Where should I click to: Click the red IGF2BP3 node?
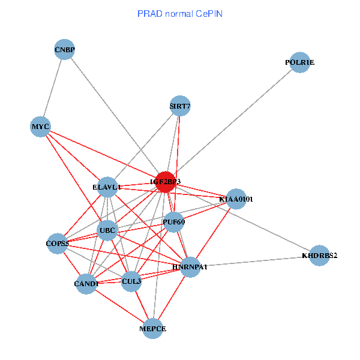(165, 182)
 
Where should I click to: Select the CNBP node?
(64, 49)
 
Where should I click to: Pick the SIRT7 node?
(179, 106)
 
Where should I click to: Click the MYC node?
(40, 127)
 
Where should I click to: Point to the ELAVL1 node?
(107, 187)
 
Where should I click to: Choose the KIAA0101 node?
(236, 199)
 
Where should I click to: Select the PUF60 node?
(173, 222)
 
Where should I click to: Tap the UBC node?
(107, 230)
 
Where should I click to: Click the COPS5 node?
(58, 244)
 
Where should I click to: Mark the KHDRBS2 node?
(319, 256)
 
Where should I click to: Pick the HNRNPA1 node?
(190, 266)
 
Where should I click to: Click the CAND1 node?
(86, 283)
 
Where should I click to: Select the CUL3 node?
(131, 281)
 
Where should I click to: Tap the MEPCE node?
(153, 328)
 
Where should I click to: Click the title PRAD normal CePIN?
(180, 13)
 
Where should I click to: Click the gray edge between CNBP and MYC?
(52, 88)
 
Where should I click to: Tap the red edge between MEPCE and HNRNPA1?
(172, 297)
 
